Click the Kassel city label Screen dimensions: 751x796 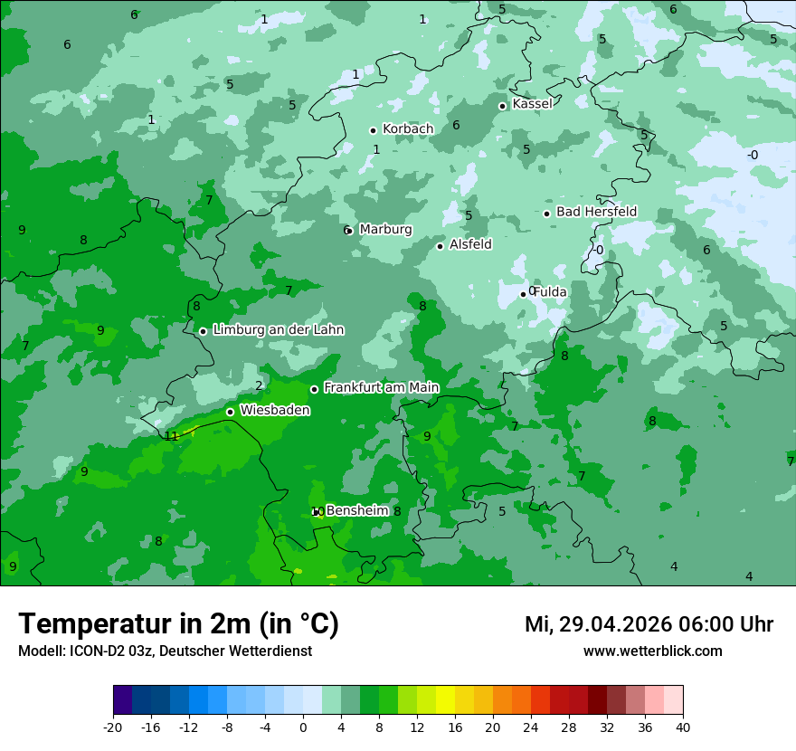(x=532, y=104)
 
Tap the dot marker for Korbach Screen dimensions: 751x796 (x=373, y=130)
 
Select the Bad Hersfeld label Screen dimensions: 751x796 (x=596, y=212)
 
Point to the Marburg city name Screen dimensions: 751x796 (x=385, y=230)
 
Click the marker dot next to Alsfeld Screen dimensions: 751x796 (x=441, y=246)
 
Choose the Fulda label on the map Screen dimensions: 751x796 (x=550, y=292)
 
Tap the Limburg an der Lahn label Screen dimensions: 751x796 (x=278, y=330)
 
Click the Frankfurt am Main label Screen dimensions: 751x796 (x=381, y=388)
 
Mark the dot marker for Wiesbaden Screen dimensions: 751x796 (x=230, y=412)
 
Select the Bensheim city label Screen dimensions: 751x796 (x=356, y=511)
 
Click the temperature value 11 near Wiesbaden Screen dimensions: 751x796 (x=172, y=436)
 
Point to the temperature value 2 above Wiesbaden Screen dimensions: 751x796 (x=259, y=385)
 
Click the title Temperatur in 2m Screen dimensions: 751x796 (x=178, y=624)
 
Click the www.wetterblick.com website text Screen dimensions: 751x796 (x=652, y=651)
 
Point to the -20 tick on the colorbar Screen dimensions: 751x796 (x=113, y=727)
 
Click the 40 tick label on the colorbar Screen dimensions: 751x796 (x=682, y=727)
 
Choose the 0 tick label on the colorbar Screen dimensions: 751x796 (x=303, y=727)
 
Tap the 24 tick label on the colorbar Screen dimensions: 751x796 (x=530, y=727)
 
